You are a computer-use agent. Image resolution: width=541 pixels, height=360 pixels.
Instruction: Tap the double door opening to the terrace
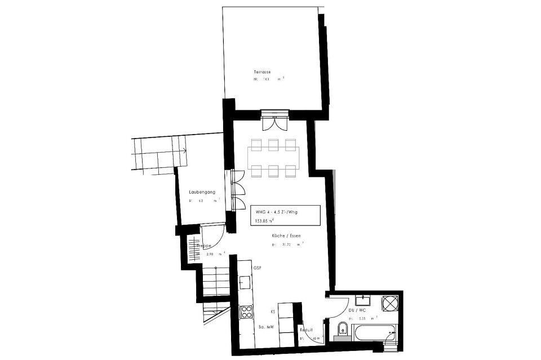tap(276, 121)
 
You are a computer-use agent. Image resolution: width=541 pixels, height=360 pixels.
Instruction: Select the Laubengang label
tap(202, 193)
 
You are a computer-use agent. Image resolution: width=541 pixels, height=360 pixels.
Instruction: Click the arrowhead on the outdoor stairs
tap(184, 150)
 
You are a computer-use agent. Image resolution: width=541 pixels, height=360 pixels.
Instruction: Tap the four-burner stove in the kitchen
tap(246, 312)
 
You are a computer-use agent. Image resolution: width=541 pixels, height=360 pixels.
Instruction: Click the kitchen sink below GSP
tap(245, 281)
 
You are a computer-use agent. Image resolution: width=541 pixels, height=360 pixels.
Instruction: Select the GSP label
tap(258, 268)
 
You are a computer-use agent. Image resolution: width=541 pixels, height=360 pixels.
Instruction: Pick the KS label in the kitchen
tap(272, 310)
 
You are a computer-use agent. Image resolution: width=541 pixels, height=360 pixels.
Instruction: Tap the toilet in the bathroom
tap(342, 330)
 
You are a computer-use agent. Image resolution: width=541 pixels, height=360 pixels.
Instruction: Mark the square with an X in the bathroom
tap(390, 303)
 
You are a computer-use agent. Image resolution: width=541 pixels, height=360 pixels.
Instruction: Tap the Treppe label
tap(203, 246)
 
